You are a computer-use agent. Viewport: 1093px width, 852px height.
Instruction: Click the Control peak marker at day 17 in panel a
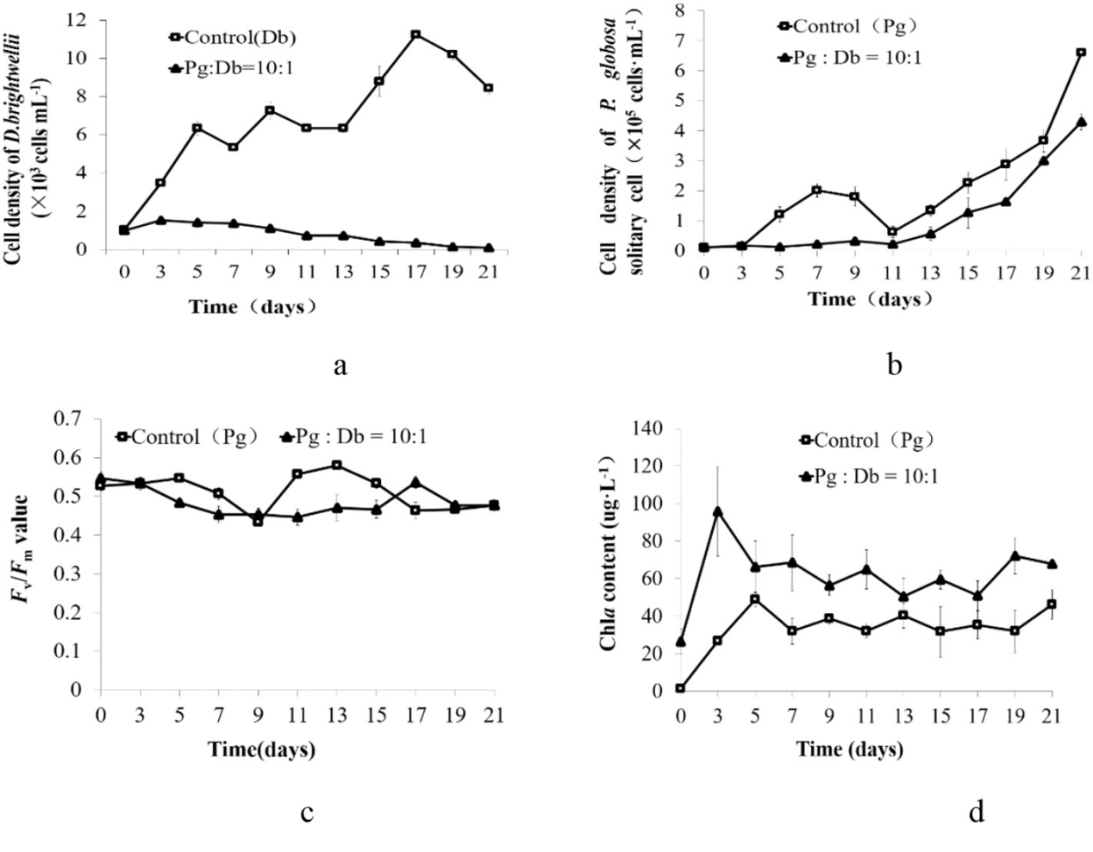415,34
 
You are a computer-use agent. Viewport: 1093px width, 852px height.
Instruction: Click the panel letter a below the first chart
340,366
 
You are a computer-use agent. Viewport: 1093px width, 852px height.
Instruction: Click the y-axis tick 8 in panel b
679,10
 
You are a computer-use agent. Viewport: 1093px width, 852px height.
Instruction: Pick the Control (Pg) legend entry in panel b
848,27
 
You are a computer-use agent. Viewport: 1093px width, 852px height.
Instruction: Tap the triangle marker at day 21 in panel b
1082,122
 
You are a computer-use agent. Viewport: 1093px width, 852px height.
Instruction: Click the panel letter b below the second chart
895,366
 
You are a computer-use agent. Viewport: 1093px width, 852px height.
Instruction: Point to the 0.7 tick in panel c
67,418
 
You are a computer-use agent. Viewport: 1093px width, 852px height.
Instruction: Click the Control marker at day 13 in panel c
336,465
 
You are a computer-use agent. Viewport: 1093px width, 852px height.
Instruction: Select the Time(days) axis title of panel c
262,749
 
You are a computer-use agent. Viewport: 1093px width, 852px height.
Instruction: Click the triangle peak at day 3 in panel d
717,511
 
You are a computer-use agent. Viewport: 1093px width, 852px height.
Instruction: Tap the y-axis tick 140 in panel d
649,428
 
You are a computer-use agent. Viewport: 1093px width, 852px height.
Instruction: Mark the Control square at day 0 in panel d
680,688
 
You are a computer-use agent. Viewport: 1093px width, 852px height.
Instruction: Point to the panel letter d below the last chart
977,812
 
